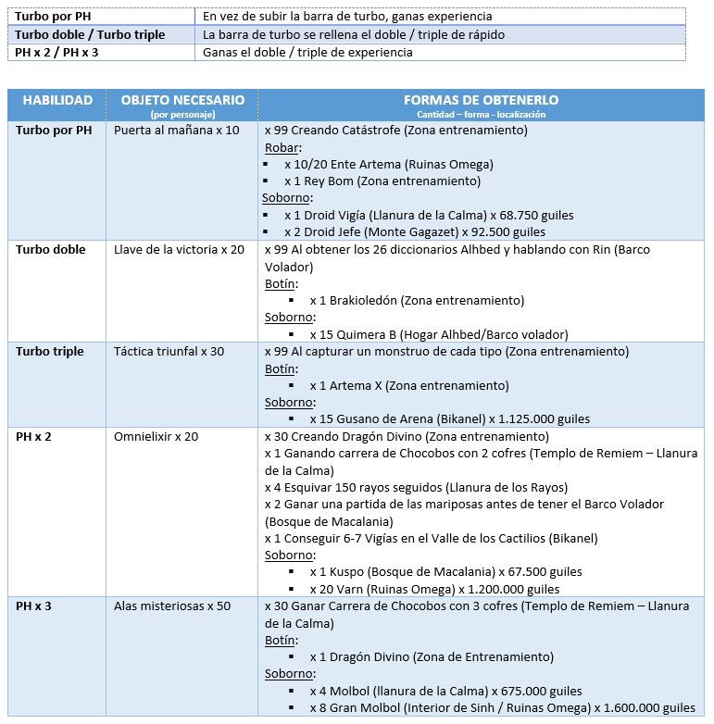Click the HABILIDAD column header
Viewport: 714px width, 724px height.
(x=57, y=100)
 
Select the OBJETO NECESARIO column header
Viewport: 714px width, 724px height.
(x=182, y=100)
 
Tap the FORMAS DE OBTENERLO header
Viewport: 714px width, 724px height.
(x=481, y=100)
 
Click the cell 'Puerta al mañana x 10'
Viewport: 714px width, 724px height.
(x=176, y=131)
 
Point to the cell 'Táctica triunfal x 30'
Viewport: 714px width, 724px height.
(x=169, y=352)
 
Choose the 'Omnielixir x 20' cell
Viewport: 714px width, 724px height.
(x=156, y=436)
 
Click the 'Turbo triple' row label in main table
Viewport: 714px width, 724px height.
(x=49, y=352)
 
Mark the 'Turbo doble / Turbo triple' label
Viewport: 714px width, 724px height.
(x=90, y=34)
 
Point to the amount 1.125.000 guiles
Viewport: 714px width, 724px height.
(x=539, y=419)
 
